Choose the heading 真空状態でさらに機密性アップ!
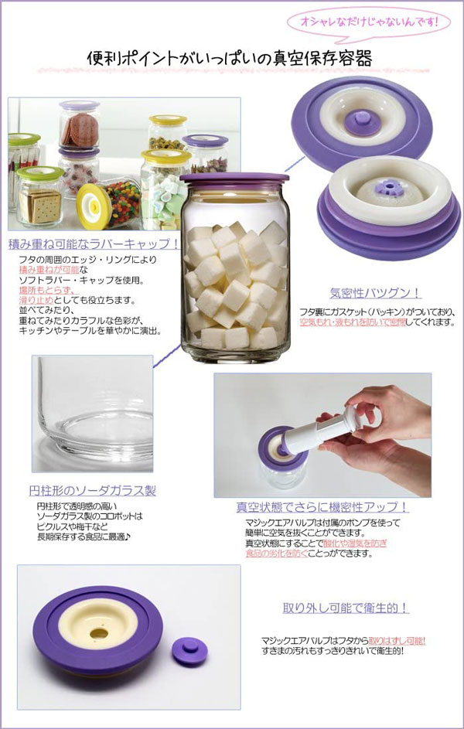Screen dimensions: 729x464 [323, 508]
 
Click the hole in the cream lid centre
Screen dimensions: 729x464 [101, 632]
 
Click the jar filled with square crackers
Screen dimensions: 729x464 [39, 198]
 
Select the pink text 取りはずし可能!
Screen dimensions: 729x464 [397, 641]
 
